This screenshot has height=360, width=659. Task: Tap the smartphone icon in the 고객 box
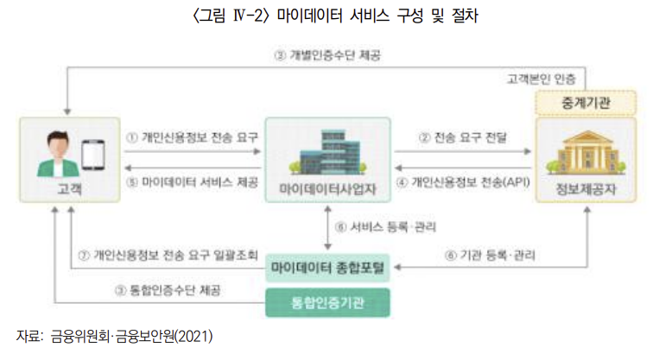(93, 155)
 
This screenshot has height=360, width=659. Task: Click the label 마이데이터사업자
(328, 188)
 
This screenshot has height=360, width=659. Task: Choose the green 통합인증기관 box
(327, 301)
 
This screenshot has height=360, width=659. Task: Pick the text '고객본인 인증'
(546, 79)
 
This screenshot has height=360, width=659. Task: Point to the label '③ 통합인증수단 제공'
(168, 292)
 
